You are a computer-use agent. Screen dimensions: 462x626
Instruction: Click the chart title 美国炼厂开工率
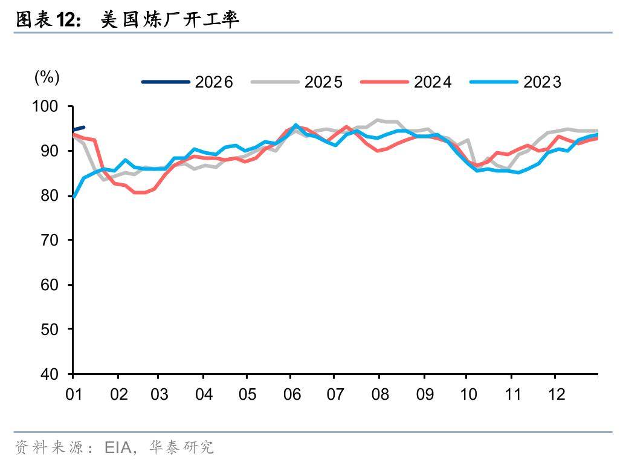pos(170,20)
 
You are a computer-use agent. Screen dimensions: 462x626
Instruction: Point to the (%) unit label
pos(47,77)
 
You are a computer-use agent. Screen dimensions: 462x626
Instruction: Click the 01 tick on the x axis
pos(73,394)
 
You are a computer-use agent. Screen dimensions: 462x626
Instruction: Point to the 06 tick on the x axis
pos(292,394)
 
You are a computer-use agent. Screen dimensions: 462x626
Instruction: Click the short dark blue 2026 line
pos(79,128)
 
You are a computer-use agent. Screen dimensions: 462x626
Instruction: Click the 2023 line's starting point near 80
pos(74,196)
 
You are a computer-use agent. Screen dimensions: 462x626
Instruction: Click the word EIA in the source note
pos(120,447)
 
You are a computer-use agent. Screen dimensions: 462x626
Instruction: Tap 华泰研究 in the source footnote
pos(181,447)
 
